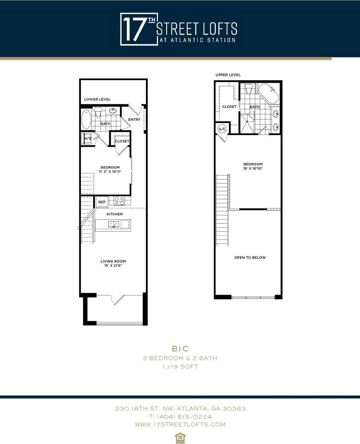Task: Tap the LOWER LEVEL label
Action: (x=97, y=99)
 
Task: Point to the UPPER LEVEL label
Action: (x=228, y=75)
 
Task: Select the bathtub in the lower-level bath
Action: (x=86, y=119)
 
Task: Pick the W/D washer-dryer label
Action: (x=87, y=138)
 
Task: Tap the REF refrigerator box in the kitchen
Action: (x=102, y=202)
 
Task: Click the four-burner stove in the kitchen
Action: (x=119, y=200)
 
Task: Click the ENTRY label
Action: (x=134, y=119)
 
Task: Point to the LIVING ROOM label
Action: (x=113, y=261)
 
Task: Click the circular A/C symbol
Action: (x=222, y=129)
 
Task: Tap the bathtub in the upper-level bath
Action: (x=269, y=94)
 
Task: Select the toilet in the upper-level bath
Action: (x=249, y=89)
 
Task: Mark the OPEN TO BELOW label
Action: (x=250, y=258)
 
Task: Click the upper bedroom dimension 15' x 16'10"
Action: (x=253, y=168)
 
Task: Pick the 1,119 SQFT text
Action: (x=180, y=367)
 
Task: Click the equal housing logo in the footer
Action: (x=179, y=437)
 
